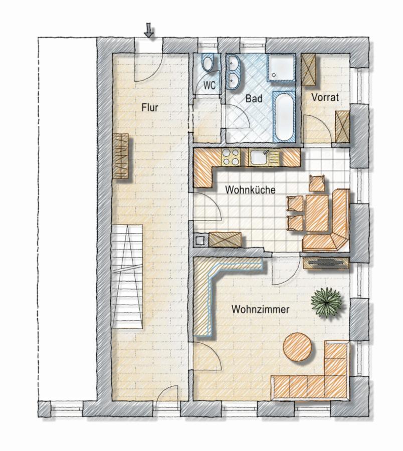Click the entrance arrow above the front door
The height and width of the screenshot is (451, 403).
tap(149, 31)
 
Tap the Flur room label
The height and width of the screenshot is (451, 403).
tap(150, 108)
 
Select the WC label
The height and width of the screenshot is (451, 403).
tap(210, 85)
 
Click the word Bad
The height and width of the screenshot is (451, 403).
tap(254, 99)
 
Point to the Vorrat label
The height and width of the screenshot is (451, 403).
tap(325, 97)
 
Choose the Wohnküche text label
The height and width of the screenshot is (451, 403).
tap(250, 190)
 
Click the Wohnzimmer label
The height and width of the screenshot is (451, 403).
tap(260, 310)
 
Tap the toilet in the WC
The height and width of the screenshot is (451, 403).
tap(207, 63)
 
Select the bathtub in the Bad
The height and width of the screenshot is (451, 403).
tap(284, 116)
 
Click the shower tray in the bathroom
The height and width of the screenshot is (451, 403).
tap(282, 68)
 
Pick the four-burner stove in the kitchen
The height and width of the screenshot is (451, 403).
tap(231, 157)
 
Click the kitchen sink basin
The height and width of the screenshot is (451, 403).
tap(259, 157)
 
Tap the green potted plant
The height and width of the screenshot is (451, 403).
tap(327, 303)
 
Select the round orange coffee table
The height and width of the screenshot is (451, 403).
tap(297, 347)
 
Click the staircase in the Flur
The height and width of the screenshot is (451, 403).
tap(127, 277)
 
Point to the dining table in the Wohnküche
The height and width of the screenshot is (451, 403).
tap(317, 213)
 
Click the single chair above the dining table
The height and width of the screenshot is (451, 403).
tap(317, 183)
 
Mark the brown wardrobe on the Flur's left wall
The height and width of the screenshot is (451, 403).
tap(120, 156)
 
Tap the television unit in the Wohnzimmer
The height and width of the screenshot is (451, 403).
tap(326, 263)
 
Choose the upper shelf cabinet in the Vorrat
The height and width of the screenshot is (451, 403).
tap(309, 69)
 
